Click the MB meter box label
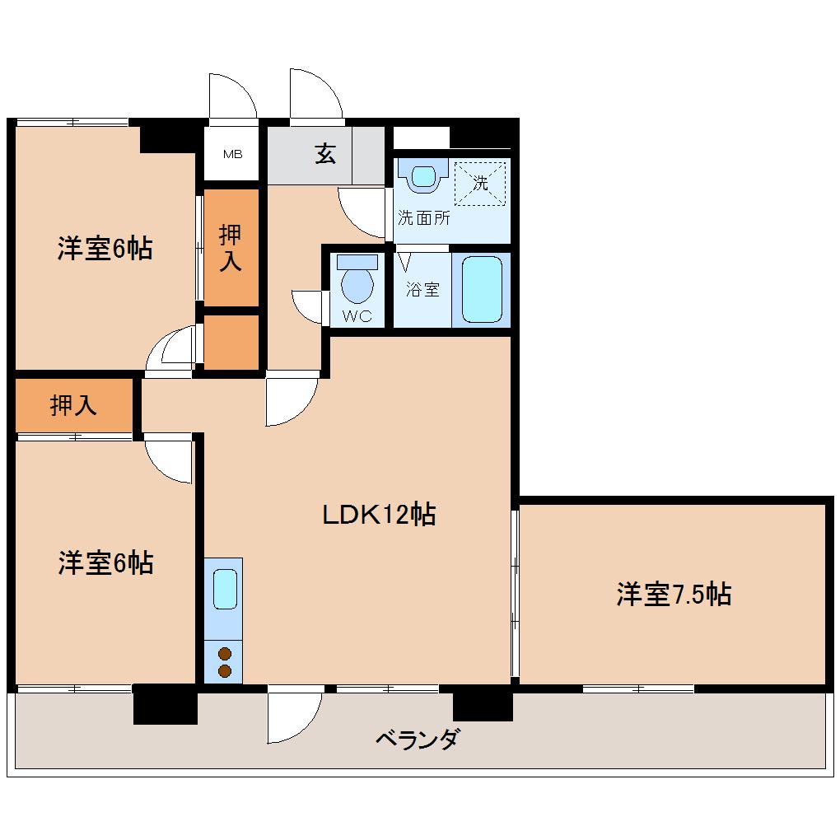[x=232, y=154]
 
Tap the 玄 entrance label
[x=325, y=154]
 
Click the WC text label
[x=357, y=315]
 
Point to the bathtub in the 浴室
[x=482, y=289]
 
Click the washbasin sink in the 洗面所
[x=423, y=175]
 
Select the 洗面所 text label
[x=423, y=218]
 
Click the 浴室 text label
[x=423, y=289]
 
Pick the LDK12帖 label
[x=378, y=515]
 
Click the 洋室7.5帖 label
[x=674, y=594]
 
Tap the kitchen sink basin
[x=224, y=587]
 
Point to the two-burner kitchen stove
[x=224, y=662]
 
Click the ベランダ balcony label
[x=417, y=738]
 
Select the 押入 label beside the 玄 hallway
[x=231, y=248]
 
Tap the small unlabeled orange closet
[x=231, y=342]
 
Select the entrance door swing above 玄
[x=315, y=95]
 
